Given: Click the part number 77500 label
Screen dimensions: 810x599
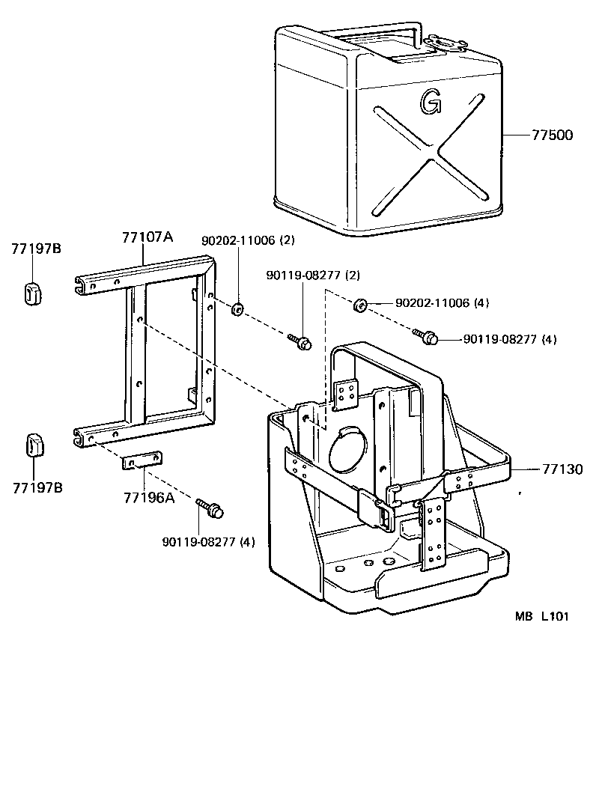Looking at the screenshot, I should click(x=552, y=135).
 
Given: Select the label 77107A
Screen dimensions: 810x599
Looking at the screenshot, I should click(x=147, y=237).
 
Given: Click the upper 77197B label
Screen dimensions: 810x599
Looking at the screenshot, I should click(x=36, y=249).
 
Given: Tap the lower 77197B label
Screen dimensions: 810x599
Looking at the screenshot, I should click(x=37, y=488).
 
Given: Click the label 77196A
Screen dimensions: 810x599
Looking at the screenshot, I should click(x=148, y=496).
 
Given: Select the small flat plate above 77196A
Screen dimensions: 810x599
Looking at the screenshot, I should click(x=142, y=461).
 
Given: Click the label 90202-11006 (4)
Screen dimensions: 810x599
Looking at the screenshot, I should click(x=441, y=303).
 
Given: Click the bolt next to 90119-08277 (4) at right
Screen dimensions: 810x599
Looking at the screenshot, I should click(x=427, y=336).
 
